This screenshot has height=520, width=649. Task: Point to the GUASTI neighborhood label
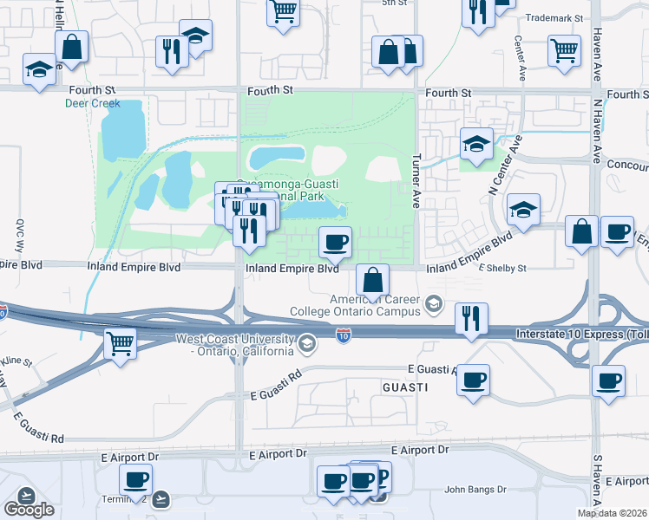[x=405, y=388]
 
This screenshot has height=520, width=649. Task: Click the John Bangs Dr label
[x=475, y=490]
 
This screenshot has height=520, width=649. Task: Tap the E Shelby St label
[x=504, y=269]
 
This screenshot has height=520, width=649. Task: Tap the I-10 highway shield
[x=344, y=335]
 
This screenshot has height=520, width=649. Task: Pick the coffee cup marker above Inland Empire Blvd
[x=335, y=242]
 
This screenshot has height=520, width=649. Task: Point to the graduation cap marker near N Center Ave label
[x=523, y=209]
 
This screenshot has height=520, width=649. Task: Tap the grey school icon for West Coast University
[x=306, y=345]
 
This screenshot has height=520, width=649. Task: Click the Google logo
[x=29, y=510]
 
